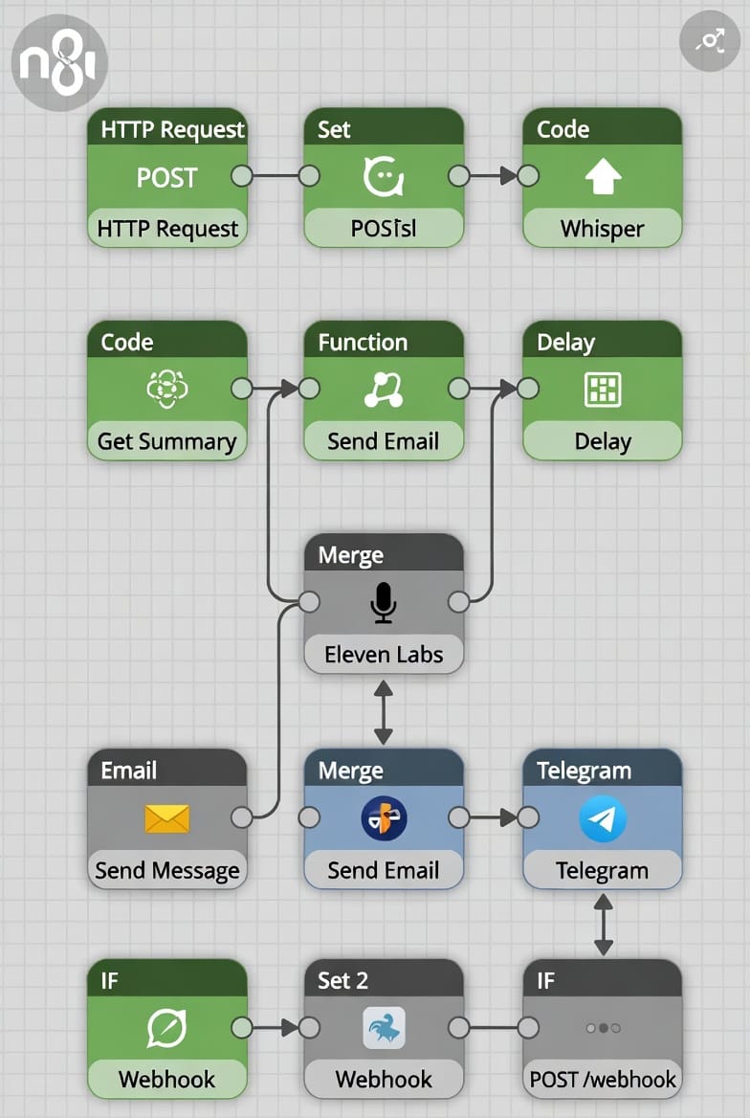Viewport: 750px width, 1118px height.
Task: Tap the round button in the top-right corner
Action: coord(709,40)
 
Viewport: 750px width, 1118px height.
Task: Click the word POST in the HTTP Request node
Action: coord(166,177)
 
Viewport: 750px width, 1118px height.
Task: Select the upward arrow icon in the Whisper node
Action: coord(603,177)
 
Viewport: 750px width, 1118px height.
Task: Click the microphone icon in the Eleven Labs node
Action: coord(384,603)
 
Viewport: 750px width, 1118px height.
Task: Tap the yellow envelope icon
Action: coord(166,817)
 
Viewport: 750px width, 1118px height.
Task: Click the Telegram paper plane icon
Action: coord(603,819)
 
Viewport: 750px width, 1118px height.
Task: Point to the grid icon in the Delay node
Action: coord(603,389)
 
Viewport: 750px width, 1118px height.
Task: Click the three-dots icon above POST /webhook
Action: coord(603,1028)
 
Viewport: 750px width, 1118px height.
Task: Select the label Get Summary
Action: coord(166,441)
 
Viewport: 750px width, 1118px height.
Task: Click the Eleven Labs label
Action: coord(384,655)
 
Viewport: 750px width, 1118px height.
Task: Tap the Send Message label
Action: coord(166,870)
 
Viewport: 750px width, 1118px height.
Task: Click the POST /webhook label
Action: coord(603,1080)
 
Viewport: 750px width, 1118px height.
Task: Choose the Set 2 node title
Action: coord(342,980)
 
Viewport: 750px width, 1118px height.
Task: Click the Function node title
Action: coord(363,342)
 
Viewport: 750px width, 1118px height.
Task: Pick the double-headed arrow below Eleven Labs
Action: coord(384,712)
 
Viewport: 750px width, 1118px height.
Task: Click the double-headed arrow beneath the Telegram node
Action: coord(603,925)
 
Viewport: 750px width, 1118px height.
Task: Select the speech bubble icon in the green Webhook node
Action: coord(166,1028)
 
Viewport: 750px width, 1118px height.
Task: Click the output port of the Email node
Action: coord(242,816)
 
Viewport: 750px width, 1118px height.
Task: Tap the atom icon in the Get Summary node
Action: coord(166,389)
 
